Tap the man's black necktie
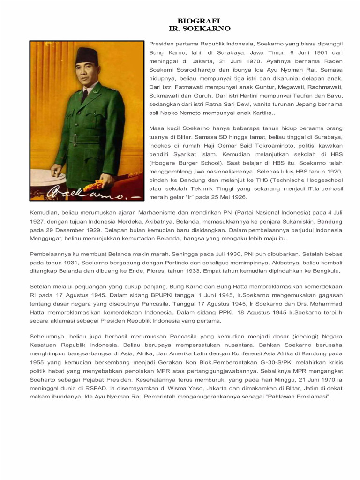[85, 95]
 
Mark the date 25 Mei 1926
[228, 197]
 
